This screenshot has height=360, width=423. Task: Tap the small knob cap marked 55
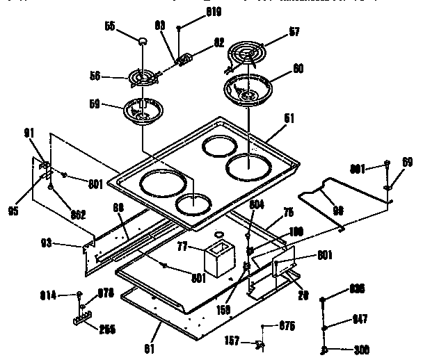point(143,41)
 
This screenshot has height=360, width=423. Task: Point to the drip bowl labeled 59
point(143,112)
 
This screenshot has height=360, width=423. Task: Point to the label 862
point(77,214)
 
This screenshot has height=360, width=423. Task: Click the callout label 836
point(356,288)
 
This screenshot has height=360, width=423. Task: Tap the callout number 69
point(407,162)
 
